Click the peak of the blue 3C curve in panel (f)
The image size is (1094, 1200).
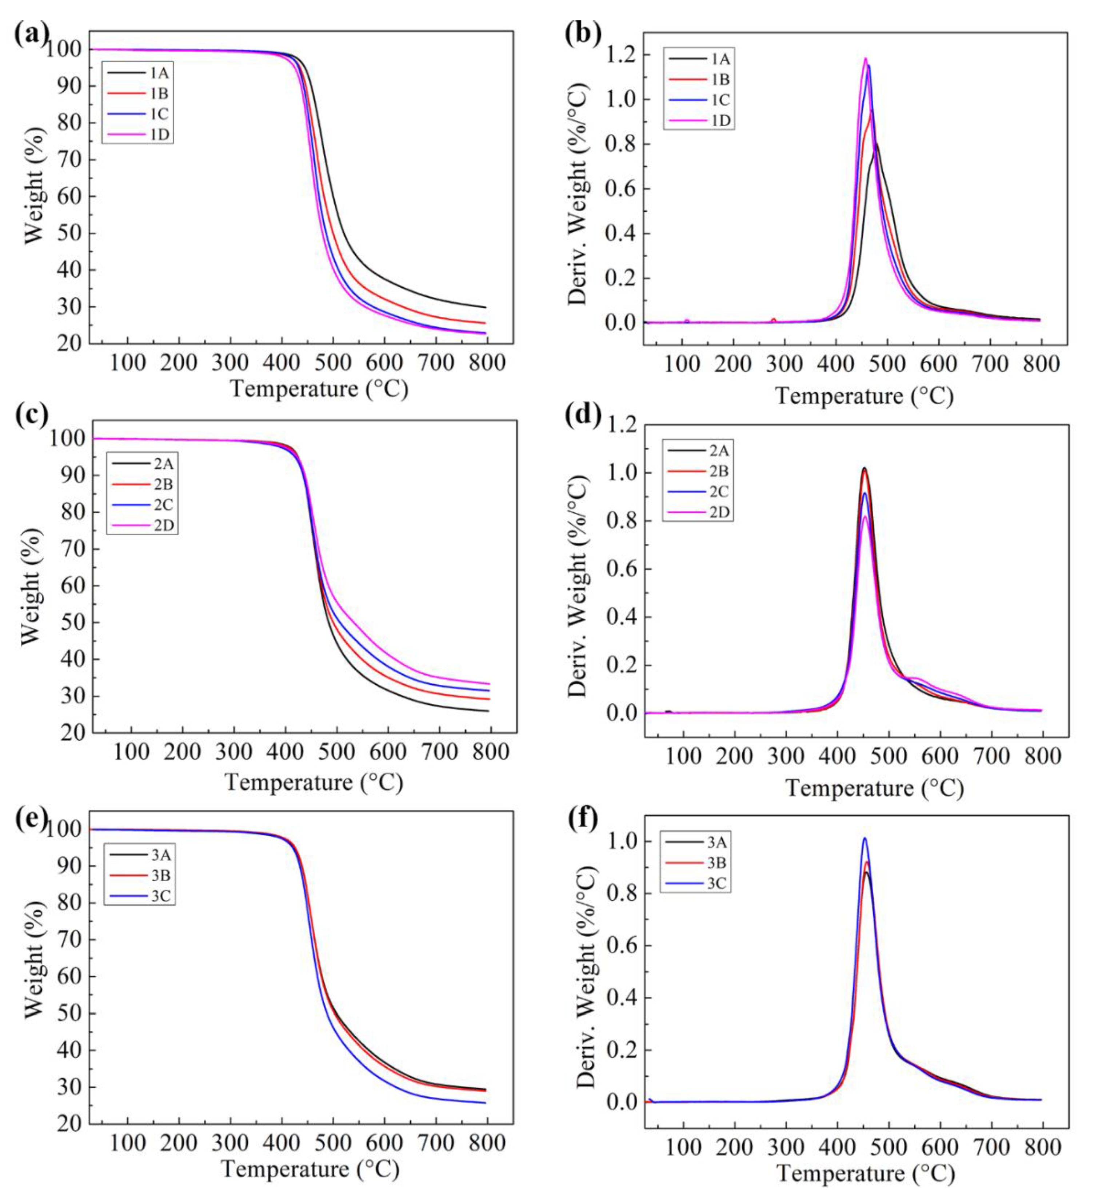(864, 838)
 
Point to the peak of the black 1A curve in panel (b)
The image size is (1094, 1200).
(876, 143)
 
